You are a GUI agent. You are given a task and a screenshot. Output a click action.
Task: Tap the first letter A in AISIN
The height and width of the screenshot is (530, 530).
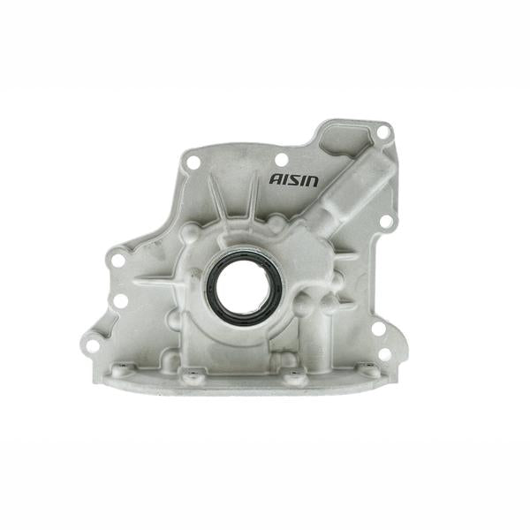click(x=276, y=179)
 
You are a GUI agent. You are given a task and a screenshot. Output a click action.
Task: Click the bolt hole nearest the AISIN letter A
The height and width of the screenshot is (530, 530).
click(x=281, y=160)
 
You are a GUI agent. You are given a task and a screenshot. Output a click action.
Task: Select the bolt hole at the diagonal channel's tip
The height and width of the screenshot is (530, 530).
click(x=382, y=132)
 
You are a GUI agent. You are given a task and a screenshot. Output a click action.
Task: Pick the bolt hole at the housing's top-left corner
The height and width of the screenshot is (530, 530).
click(x=192, y=162)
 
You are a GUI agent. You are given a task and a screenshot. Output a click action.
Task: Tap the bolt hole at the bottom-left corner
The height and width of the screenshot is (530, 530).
click(x=92, y=345)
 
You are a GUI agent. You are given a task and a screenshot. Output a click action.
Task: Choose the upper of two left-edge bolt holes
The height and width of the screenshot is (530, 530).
click(x=117, y=261)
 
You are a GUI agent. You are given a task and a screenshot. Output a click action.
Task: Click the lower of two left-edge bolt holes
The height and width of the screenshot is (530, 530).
click(x=120, y=301)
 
